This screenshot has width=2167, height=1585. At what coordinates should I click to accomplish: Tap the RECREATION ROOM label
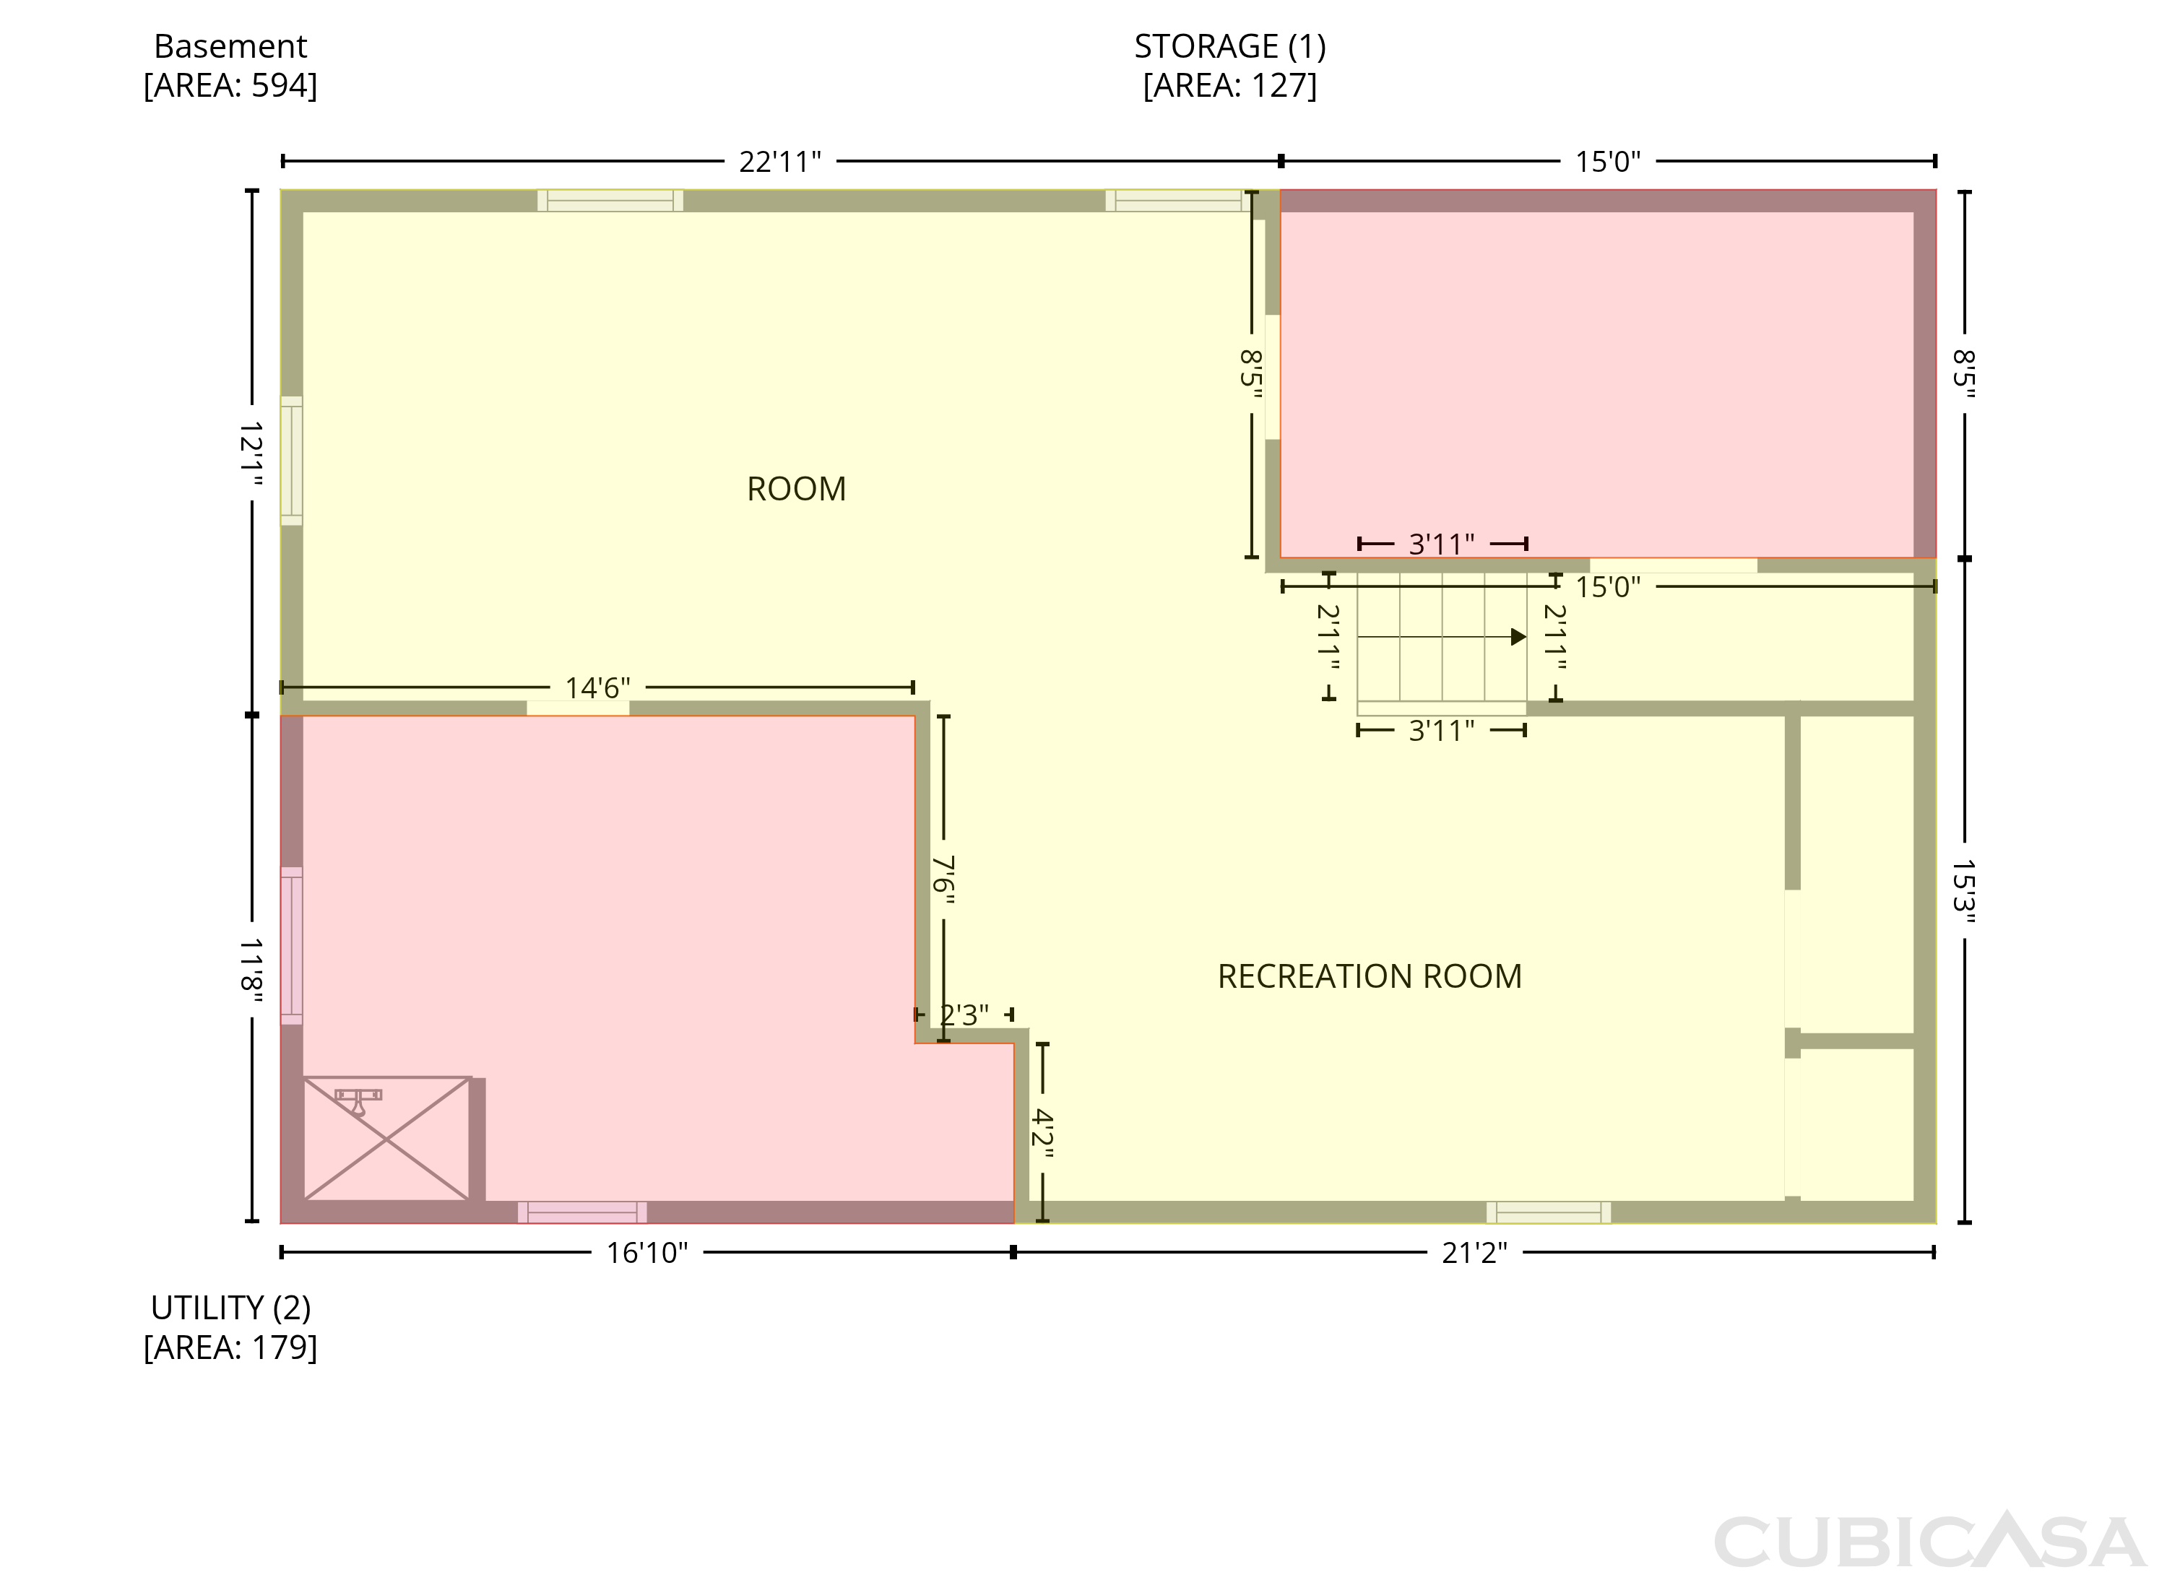1370,977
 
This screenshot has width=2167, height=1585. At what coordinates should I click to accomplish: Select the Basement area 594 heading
230,65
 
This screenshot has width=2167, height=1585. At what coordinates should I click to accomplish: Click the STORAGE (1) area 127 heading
1229,65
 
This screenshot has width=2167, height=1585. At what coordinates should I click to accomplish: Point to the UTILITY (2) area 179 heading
230,1328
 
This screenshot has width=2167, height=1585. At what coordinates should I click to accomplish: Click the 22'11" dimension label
779,162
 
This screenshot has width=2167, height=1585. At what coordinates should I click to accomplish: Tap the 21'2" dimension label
1474,1253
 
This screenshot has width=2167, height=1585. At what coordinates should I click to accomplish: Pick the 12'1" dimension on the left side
251,453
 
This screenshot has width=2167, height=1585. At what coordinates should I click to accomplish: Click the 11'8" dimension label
251,971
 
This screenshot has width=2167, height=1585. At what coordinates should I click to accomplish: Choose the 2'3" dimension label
964,1015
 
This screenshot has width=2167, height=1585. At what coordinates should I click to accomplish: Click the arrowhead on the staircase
1518,637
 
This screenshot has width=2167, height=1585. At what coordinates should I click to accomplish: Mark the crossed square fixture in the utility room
386,1139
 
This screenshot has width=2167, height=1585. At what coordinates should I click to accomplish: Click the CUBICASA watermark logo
1929,1540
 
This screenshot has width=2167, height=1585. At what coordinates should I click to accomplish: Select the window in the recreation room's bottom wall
1548,1212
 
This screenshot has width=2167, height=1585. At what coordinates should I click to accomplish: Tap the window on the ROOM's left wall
292,461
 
